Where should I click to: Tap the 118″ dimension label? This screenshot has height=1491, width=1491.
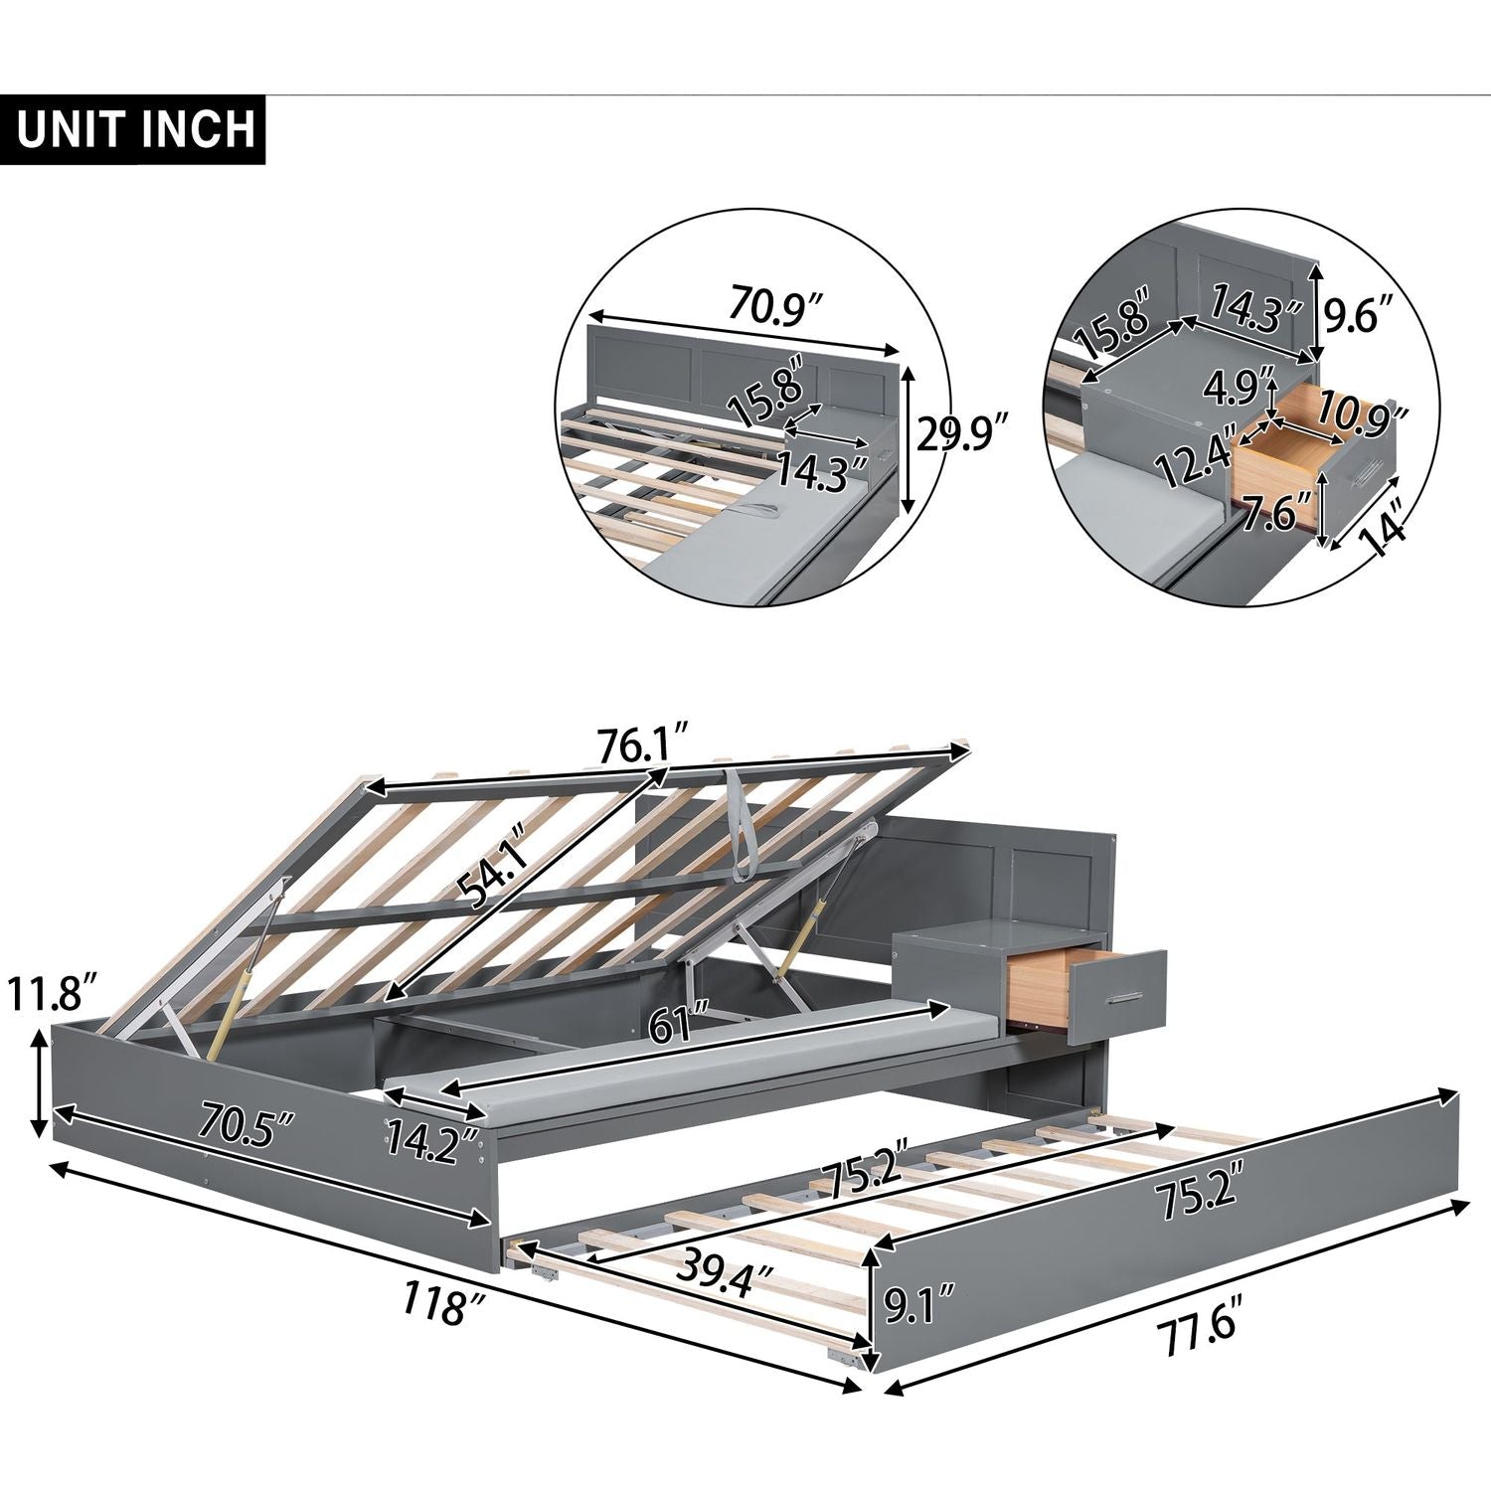[435, 1301]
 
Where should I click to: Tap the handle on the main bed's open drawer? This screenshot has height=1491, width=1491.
[1129, 995]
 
